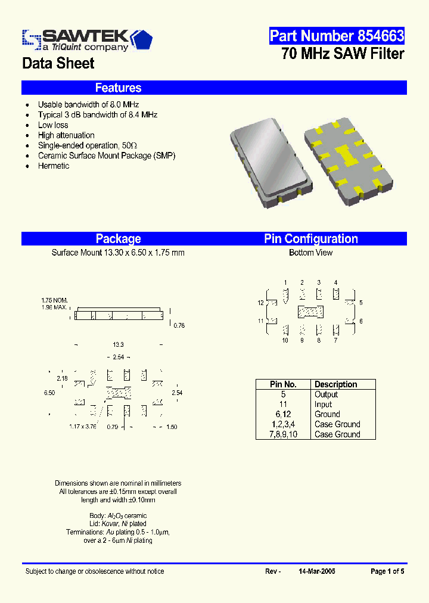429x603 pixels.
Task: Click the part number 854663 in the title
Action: [337, 36]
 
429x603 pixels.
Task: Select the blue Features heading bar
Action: [214, 88]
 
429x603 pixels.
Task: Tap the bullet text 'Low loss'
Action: [53, 125]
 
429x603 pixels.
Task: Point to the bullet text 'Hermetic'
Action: [54, 166]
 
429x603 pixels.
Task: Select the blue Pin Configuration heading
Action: [311, 239]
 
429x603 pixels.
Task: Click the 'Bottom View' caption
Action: [310, 253]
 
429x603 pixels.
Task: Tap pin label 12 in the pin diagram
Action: [260, 303]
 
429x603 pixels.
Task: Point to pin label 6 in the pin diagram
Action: [361, 321]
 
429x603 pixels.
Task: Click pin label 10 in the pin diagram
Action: [285, 340]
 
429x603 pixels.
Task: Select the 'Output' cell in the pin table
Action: [326, 394]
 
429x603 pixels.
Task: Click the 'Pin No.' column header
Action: [283, 384]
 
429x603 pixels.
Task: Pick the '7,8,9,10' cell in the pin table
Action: [283, 434]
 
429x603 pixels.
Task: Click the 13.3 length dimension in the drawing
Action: [118, 345]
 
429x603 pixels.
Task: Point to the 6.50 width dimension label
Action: [49, 393]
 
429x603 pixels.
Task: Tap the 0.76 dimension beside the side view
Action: [179, 325]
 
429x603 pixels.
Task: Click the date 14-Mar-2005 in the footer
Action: [316, 571]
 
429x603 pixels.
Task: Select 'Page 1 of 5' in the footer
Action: [387, 571]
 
